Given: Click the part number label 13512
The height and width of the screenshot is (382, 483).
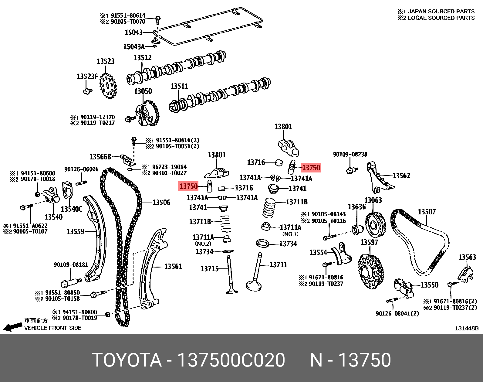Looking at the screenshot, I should click(x=143, y=58).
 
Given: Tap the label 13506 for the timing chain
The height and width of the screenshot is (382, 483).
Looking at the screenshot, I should click(x=161, y=203).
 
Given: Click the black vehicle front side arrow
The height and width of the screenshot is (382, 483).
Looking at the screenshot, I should click(x=12, y=327).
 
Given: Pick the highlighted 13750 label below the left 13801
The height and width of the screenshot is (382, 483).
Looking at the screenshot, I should click(x=188, y=186).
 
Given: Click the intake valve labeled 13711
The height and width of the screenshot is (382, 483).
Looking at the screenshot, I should click(x=255, y=273).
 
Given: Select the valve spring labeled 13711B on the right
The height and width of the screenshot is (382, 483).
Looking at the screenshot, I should click(x=269, y=208).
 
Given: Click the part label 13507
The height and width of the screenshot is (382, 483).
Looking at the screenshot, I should click(x=427, y=212).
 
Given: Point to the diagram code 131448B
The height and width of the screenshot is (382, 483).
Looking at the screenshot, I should click(x=466, y=328).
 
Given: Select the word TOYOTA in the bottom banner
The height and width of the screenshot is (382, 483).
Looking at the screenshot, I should click(x=127, y=360).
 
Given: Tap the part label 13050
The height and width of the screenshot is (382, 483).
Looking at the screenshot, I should click(x=143, y=91).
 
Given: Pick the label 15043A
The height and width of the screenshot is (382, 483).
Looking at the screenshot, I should click(x=134, y=47).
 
